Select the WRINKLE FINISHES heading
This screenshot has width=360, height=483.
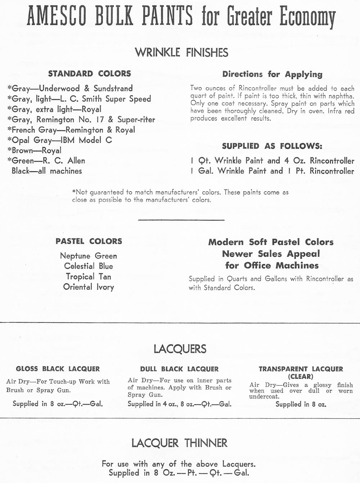click(181, 53)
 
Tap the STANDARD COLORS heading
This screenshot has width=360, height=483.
click(90, 73)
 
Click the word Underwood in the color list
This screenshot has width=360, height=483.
click(59, 88)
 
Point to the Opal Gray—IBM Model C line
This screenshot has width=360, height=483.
click(60, 140)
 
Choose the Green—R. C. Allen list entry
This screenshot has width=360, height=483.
click(46, 161)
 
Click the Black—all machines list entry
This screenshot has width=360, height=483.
click(47, 171)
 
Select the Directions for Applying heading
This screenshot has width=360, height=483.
click(272, 74)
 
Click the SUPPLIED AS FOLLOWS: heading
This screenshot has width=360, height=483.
click(272, 146)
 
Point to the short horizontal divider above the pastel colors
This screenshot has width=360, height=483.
click(181, 220)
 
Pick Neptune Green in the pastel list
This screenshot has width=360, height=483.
click(89, 256)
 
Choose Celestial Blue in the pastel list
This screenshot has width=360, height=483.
click(89, 266)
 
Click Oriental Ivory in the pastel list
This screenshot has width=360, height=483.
click(89, 287)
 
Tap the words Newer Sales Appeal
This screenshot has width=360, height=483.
click(271, 254)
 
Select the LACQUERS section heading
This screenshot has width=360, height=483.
click(180, 349)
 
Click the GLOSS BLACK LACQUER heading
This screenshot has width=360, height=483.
click(58, 369)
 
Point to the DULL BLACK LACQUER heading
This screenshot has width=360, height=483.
click(179, 369)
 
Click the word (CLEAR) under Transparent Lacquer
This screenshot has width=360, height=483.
click(301, 376)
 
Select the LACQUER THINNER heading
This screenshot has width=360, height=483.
click(179, 443)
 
